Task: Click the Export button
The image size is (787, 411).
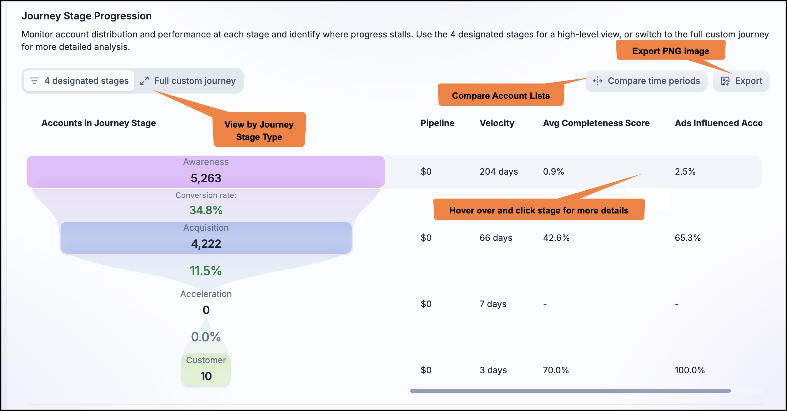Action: click(741, 81)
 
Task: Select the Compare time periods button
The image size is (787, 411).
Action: click(646, 81)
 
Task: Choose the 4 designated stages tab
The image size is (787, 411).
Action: click(79, 81)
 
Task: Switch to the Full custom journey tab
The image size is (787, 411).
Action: click(188, 81)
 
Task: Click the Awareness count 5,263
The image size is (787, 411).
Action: click(206, 178)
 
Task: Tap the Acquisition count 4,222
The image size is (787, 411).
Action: click(206, 244)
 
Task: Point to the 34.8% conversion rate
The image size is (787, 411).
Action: click(206, 210)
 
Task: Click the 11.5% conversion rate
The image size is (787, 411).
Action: click(206, 271)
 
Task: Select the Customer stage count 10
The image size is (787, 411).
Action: click(206, 376)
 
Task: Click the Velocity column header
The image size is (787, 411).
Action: click(497, 123)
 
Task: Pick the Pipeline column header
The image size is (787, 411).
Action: click(437, 123)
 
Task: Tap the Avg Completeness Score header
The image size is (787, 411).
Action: click(596, 123)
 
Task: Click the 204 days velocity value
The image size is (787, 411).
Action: click(499, 172)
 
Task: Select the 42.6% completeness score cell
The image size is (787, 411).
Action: click(556, 238)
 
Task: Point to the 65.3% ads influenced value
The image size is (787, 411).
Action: click(688, 238)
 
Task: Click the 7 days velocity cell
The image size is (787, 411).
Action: click(493, 304)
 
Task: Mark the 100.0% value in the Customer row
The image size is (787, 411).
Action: click(690, 370)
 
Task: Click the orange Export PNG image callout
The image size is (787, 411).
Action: click(671, 51)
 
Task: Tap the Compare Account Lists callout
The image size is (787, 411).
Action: click(501, 95)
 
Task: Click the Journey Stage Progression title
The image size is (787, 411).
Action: click(87, 16)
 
